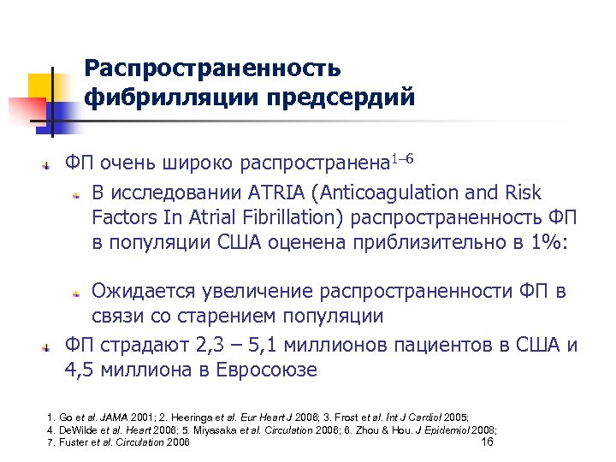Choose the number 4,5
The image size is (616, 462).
pos(83,370)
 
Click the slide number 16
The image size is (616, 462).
pos(488,441)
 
